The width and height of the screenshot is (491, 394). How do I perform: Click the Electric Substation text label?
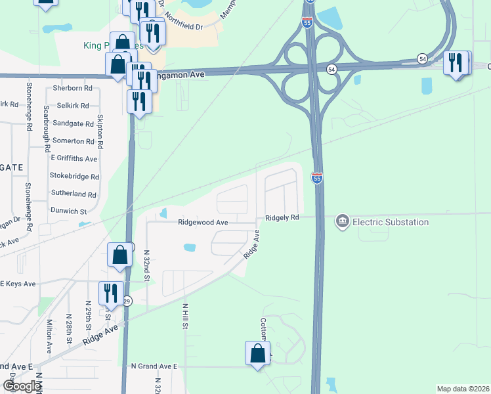pyautogui.click(x=391, y=222)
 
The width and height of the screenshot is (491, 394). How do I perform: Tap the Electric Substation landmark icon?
pyautogui.click(x=342, y=222)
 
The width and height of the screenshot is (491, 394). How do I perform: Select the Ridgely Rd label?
pyautogui.click(x=282, y=217)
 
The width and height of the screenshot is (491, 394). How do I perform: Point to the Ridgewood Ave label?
pyautogui.click(x=203, y=223)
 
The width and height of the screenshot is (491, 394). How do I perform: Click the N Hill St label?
pyautogui.click(x=186, y=316)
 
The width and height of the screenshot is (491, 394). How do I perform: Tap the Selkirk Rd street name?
pyautogui.click(x=73, y=105)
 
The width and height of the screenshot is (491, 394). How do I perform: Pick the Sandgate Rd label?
pyautogui.click(x=74, y=123)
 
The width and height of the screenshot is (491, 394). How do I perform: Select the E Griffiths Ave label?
pyautogui.click(x=74, y=158)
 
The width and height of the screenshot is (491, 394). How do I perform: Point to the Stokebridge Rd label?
pyautogui.click(x=74, y=177)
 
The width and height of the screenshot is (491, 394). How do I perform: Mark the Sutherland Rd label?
pyautogui.click(x=73, y=194)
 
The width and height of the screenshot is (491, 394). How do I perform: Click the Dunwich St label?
pyautogui.click(x=68, y=211)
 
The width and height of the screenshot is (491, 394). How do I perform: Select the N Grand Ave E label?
pyautogui.click(x=154, y=366)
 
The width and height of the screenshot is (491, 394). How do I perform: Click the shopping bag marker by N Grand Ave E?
pyautogui.click(x=258, y=353)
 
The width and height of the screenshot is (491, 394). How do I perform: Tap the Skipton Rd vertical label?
pyautogui.click(x=100, y=131)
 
